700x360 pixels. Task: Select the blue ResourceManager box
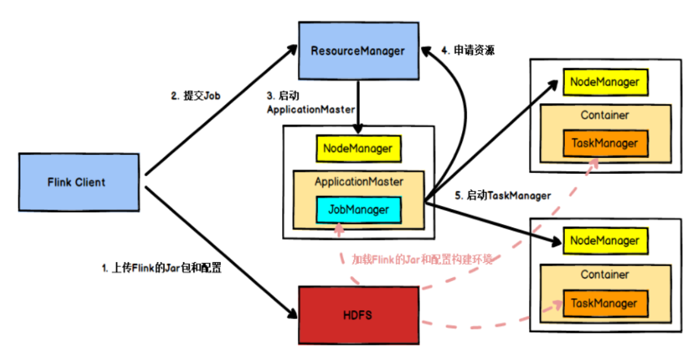(x=358, y=51)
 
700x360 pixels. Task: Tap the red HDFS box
(x=358, y=314)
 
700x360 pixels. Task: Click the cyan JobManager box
(x=359, y=210)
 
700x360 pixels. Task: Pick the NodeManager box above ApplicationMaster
(x=358, y=149)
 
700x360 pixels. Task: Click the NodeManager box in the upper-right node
(x=605, y=82)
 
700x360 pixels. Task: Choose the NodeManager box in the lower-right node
(x=605, y=241)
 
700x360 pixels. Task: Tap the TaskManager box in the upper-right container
(x=605, y=143)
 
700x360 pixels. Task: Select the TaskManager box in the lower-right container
(x=605, y=303)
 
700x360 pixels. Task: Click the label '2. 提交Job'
(x=197, y=96)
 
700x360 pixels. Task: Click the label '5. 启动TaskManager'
(x=502, y=196)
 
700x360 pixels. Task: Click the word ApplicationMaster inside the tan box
(x=359, y=181)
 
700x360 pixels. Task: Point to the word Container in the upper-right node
(x=605, y=116)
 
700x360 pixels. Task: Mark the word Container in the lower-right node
(x=605, y=275)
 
